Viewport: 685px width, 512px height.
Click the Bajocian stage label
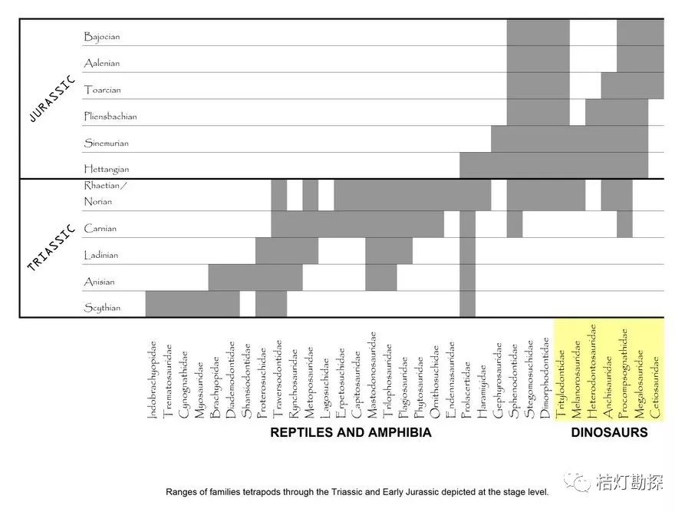(x=102, y=36)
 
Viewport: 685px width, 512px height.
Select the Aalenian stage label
(x=102, y=63)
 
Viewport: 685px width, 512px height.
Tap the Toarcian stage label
(x=103, y=90)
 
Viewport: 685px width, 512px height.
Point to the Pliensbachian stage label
(x=110, y=117)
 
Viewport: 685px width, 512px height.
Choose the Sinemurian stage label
(x=107, y=144)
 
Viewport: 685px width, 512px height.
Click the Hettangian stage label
(x=107, y=169)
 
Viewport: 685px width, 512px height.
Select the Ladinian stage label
(x=101, y=255)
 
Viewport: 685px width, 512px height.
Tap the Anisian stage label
(x=100, y=282)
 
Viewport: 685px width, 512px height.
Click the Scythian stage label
(x=102, y=308)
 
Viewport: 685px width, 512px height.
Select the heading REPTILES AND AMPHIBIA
(x=351, y=433)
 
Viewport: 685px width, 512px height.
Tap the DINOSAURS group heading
(x=609, y=433)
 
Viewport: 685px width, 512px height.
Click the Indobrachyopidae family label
(x=152, y=380)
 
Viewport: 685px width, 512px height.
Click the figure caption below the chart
(x=357, y=492)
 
